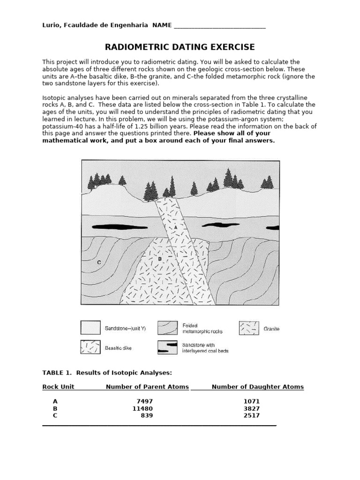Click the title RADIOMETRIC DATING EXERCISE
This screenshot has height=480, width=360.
(x=180, y=47)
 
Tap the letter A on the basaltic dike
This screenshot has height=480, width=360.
(x=175, y=226)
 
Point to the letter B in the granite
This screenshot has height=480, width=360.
(x=160, y=258)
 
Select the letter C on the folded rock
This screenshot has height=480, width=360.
(x=99, y=263)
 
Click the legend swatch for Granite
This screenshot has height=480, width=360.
(x=248, y=328)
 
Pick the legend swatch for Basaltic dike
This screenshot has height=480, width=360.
(x=90, y=347)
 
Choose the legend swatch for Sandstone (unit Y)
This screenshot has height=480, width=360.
(x=90, y=328)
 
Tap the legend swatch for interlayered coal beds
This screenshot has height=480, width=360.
(x=167, y=347)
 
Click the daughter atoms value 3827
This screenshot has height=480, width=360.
(x=251, y=408)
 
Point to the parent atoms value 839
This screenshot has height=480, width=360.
(x=147, y=415)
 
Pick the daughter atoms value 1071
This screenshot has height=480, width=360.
(x=251, y=401)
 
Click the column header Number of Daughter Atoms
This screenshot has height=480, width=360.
(x=257, y=387)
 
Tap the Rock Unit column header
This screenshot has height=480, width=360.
(x=58, y=387)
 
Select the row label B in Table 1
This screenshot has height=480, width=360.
(x=55, y=408)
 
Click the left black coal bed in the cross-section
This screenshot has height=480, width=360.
(x=112, y=227)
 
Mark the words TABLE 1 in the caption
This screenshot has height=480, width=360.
(x=56, y=373)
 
